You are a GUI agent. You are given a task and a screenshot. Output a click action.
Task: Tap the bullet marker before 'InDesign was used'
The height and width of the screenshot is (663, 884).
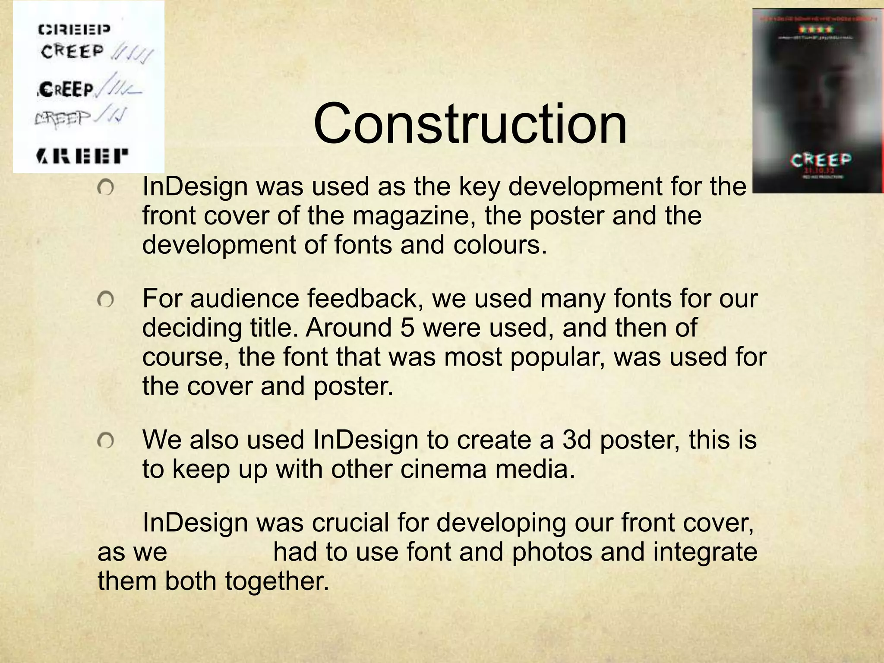(105, 188)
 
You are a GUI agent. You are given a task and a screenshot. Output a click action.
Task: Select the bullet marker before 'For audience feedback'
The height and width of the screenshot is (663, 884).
(105, 299)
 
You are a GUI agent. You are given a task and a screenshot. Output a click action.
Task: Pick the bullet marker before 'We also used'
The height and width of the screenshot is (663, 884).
(105, 441)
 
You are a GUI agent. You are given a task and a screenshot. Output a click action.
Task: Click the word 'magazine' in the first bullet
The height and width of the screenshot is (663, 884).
(414, 216)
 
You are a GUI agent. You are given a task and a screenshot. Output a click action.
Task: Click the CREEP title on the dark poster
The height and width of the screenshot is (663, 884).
(821, 160)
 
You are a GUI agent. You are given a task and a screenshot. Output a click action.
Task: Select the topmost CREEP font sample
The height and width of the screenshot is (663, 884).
(74, 29)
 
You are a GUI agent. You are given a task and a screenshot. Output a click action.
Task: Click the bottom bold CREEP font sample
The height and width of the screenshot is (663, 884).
(82, 156)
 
